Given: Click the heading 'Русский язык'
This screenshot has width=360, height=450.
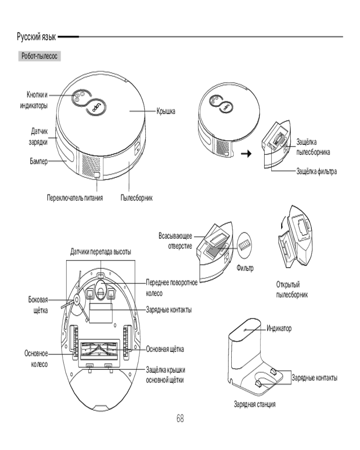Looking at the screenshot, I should coord(36,36).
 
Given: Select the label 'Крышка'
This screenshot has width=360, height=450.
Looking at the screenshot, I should coord(166,111).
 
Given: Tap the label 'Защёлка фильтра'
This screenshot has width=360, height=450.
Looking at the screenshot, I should coord(316,171).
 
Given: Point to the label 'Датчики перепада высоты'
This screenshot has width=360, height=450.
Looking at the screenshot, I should coord(101,251).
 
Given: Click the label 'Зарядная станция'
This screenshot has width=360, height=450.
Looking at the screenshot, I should coord(254,404).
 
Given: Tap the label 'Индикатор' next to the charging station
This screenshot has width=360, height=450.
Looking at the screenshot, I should coord(279,328).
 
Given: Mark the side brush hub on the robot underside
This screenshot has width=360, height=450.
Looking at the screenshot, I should coord(76,298).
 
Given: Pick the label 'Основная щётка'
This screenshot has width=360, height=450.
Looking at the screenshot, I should coord(165,349).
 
